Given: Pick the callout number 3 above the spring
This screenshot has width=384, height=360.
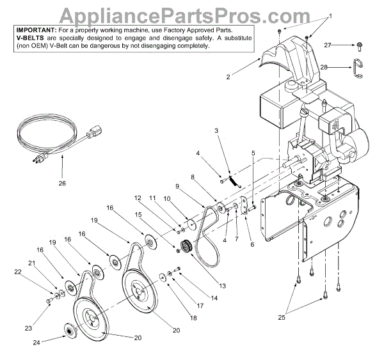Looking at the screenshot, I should click(216, 130).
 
